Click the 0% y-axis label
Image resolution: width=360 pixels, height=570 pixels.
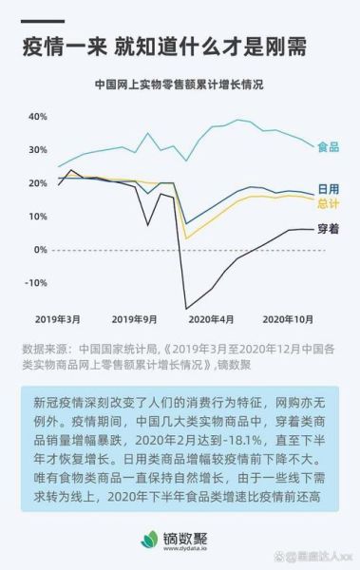coord(40,249)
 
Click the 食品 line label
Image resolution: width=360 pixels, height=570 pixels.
coord(329,147)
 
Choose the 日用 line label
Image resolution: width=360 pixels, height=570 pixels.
coord(329,190)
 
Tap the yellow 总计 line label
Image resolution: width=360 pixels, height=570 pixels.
coord(329,203)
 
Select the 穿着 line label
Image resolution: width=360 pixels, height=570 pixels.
coord(329,229)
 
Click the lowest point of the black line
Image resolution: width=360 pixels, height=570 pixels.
coord(187,309)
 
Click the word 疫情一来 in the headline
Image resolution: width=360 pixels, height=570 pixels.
coord(63,45)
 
